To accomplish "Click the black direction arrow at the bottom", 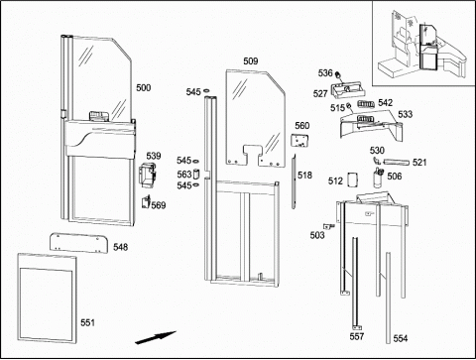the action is [156, 337].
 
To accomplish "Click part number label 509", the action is [251, 61].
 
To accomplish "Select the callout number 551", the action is [87, 322].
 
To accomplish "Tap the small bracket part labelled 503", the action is [329, 226].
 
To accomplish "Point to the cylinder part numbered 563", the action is [196, 174].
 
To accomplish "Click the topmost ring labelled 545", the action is [206, 90].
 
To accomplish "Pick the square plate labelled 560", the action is [299, 140].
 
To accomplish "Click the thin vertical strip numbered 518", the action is [294, 181].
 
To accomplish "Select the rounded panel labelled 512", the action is [352, 180].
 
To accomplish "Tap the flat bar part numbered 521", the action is [396, 162].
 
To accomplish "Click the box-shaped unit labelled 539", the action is [147, 175].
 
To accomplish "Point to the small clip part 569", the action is [146, 201].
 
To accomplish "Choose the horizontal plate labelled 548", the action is [79, 243].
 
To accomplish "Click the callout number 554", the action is [401, 338].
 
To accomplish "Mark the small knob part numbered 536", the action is [338, 74].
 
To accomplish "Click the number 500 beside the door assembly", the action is [144, 88].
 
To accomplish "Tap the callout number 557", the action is [357, 336].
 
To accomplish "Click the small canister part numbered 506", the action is [378, 178].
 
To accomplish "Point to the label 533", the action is [405, 114].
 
